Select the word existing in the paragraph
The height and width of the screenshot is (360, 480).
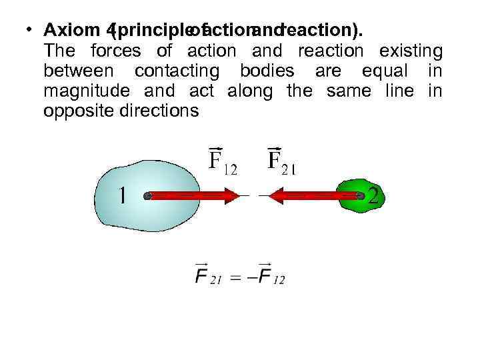[x=410, y=51]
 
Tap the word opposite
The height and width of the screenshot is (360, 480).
[x=73, y=111]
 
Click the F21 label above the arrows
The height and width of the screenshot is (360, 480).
[x=281, y=160]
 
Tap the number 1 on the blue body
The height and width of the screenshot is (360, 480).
[x=123, y=195]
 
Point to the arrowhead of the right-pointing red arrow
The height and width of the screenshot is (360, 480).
[x=231, y=195]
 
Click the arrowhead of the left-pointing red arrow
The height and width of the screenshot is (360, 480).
[x=275, y=195]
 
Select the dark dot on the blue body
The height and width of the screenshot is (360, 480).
[x=148, y=195]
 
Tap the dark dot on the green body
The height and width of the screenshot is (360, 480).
[x=360, y=196]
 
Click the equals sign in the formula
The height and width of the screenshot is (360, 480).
[x=235, y=277]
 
